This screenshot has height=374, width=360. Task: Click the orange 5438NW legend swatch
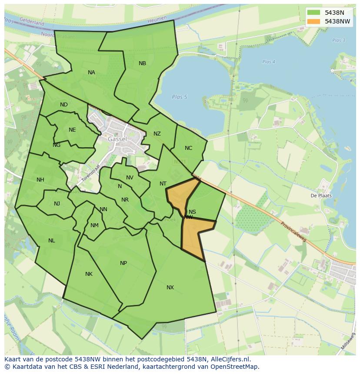click(x=313, y=21)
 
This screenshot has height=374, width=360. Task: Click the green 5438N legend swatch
click(x=313, y=13)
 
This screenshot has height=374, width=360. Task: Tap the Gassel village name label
click(x=117, y=139)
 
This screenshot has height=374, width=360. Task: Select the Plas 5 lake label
click(x=179, y=97)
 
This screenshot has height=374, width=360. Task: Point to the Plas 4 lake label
click(x=269, y=62)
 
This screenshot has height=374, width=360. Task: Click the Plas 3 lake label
click(x=338, y=40)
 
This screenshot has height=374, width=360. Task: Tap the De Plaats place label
click(x=321, y=195)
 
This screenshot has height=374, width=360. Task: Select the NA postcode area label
click(x=91, y=73)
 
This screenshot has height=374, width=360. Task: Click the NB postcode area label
click(x=142, y=63)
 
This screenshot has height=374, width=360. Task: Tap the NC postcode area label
click(x=188, y=148)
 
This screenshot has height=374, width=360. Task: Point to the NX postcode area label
click(x=170, y=288)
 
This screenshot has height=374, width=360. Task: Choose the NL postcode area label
click(x=52, y=241)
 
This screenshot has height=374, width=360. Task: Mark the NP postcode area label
click(x=123, y=263)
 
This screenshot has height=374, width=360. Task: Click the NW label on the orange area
click(x=188, y=217)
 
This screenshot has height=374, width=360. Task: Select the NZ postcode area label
click(x=157, y=134)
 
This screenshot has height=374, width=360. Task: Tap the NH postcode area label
click(x=40, y=180)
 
